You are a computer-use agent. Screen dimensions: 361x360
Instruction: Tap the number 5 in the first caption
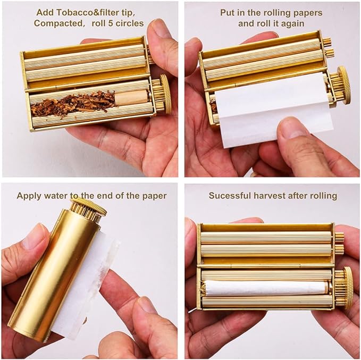click(111, 23)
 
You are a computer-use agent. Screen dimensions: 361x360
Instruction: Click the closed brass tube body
click(53, 272)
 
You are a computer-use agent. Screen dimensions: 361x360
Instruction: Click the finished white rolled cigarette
click(265, 288)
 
